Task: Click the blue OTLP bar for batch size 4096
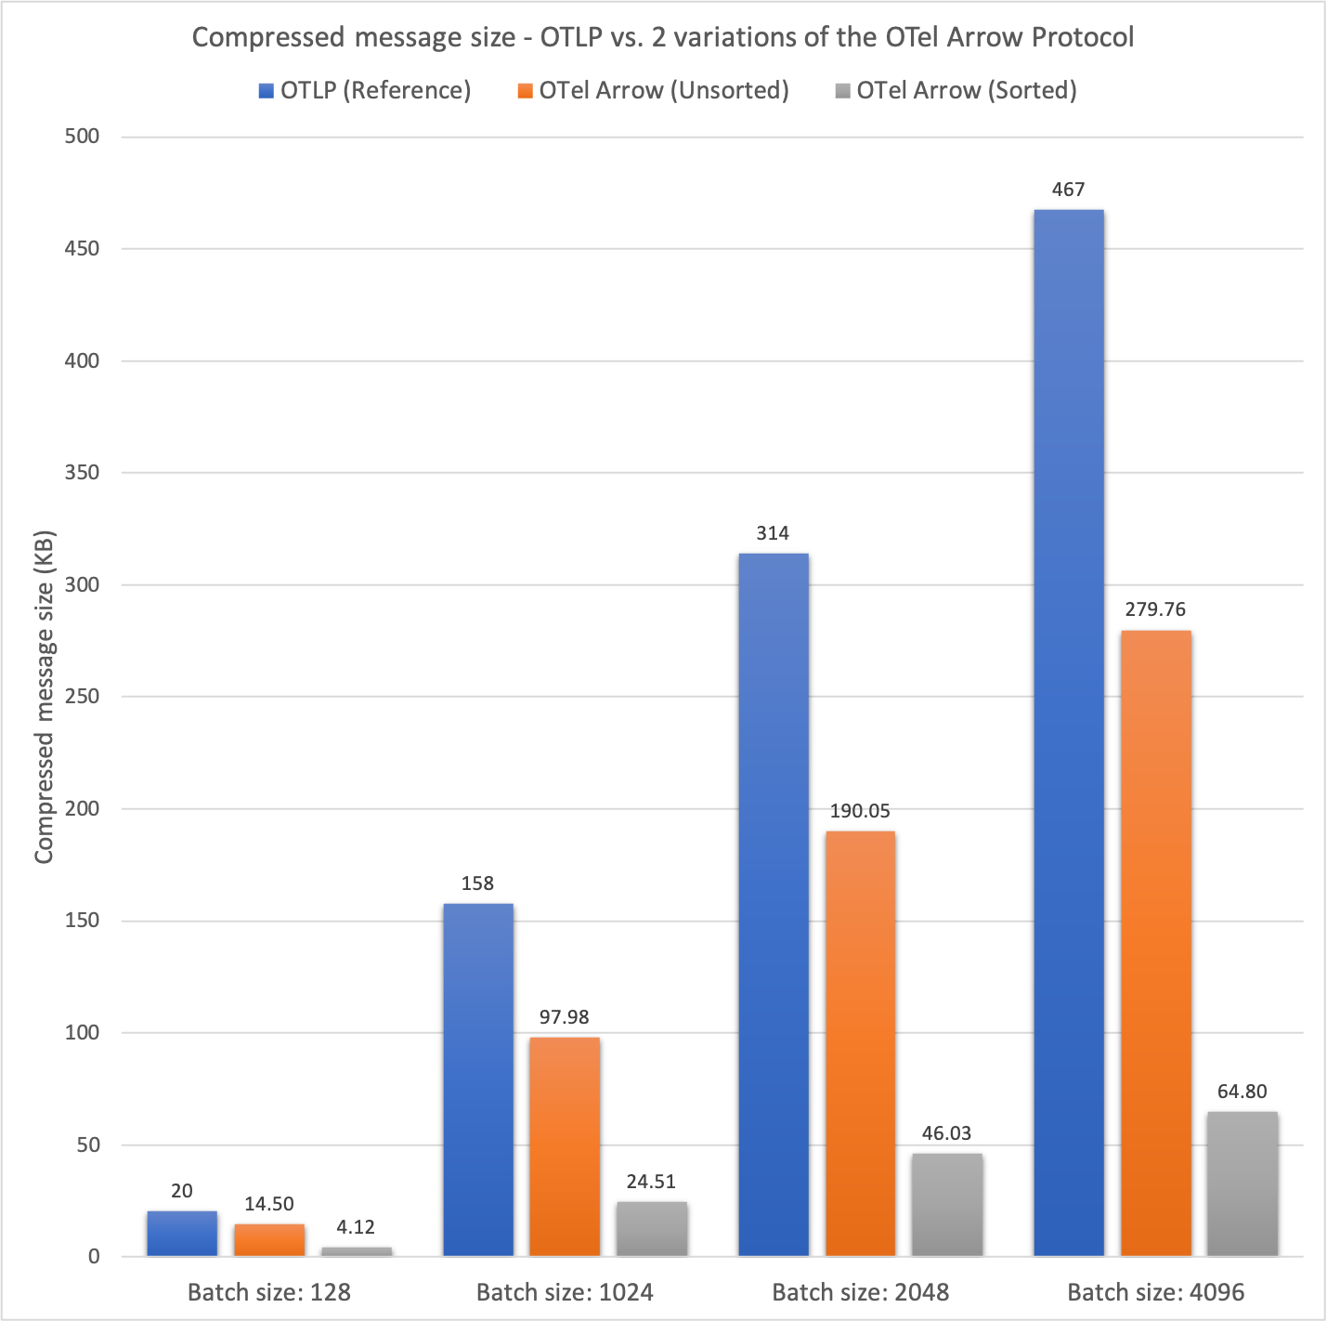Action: coord(1068,733)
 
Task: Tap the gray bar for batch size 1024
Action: coord(652,1229)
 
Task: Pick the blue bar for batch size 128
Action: coord(182,1234)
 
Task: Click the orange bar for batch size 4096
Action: coord(1155,943)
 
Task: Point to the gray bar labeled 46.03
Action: coord(947,1205)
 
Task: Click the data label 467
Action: coord(1068,190)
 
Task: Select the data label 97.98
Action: coord(564,1017)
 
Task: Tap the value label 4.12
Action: coord(356,1227)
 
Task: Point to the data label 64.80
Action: coord(1242,1092)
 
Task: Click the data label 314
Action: coord(773,533)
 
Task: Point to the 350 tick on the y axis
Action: coord(81,473)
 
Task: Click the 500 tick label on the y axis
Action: coord(81,137)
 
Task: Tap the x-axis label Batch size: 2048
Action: coord(860,1292)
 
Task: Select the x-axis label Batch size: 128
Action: coord(269,1292)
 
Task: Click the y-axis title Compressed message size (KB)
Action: coord(45,697)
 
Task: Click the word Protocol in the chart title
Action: coord(1080,37)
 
